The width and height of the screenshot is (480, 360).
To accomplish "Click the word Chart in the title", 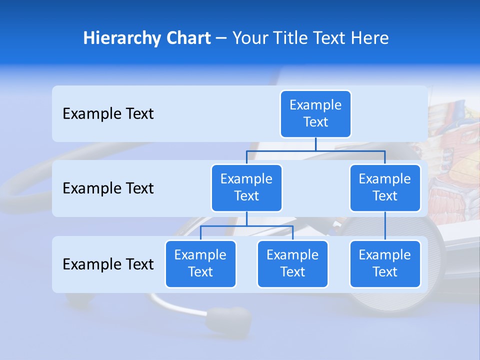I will [x=189, y=38].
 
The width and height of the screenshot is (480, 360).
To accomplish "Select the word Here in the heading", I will [x=370, y=38].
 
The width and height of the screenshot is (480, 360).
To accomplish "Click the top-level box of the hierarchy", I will [x=315, y=113].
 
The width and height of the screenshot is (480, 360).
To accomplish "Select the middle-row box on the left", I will [x=246, y=187].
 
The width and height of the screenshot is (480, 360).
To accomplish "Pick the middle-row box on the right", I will [x=385, y=187].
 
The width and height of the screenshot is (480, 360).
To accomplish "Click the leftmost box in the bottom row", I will [x=200, y=263].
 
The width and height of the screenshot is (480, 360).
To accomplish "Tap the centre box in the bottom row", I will [x=292, y=263].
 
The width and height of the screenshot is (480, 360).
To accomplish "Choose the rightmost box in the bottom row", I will [x=385, y=263].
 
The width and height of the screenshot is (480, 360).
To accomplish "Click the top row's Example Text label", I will [x=108, y=114].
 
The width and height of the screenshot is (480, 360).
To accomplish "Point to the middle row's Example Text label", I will [x=108, y=188].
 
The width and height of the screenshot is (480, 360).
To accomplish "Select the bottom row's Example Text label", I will [x=108, y=264].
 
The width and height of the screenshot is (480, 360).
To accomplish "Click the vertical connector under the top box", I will [x=315, y=144].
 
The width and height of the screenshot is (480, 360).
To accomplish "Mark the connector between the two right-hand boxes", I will [x=385, y=226].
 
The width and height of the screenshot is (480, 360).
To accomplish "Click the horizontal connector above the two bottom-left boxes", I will [x=246, y=226].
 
